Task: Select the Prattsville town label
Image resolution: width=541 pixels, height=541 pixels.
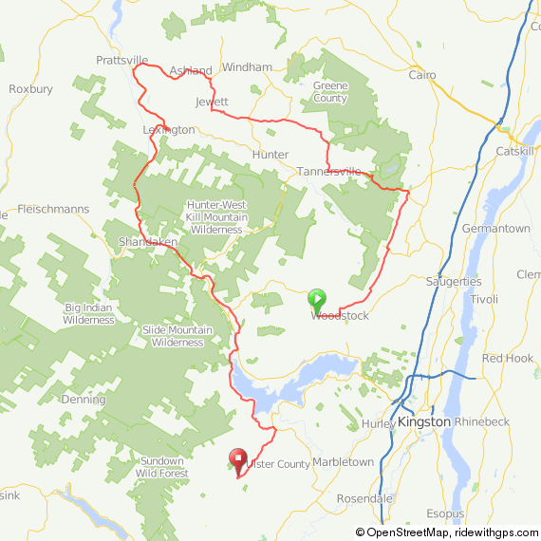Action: pyautogui.click(x=123, y=60)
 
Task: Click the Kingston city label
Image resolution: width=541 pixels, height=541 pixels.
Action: pyautogui.click(x=423, y=420)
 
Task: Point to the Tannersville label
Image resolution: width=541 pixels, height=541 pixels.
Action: pyautogui.click(x=329, y=172)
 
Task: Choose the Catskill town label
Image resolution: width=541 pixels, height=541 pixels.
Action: pyautogui.click(x=516, y=151)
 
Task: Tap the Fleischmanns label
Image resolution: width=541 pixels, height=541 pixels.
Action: pyautogui.click(x=53, y=209)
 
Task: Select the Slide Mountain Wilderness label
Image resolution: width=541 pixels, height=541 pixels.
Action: pyautogui.click(x=177, y=336)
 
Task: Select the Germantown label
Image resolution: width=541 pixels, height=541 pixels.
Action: pyautogui.click(x=495, y=229)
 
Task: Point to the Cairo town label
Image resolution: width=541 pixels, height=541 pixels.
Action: pyautogui.click(x=421, y=74)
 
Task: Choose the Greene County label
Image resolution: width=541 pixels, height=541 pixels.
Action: pyautogui.click(x=329, y=92)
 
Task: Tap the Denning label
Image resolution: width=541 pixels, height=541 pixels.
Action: pyautogui.click(x=82, y=400)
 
